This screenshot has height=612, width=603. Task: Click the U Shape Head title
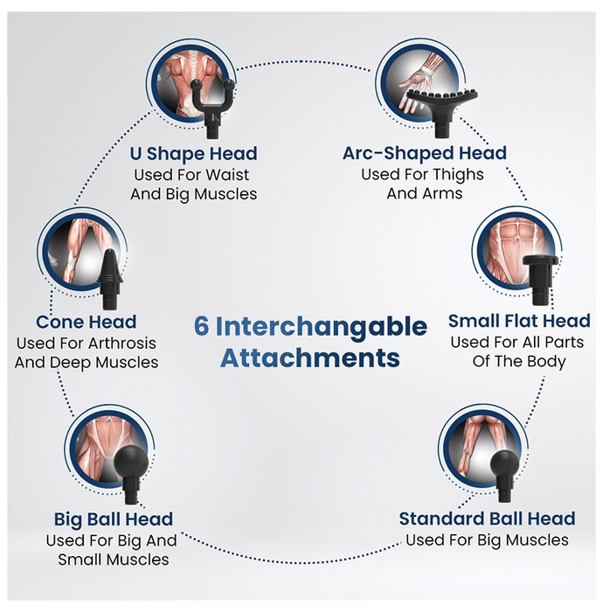193,153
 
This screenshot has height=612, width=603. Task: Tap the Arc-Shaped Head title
425,153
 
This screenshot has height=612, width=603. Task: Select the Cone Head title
87,322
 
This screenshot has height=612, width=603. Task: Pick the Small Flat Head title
519,321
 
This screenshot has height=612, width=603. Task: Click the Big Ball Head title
114,519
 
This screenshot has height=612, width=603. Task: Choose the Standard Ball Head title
487,518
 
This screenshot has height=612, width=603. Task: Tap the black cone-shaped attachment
110,279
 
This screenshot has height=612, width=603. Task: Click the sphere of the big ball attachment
131,463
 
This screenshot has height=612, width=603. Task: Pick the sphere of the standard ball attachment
505,465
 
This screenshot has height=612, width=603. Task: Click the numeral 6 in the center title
201,326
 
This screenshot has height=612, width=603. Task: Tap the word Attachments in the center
310,358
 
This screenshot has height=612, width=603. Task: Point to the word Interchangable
322,328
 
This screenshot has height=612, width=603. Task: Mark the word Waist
227,175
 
